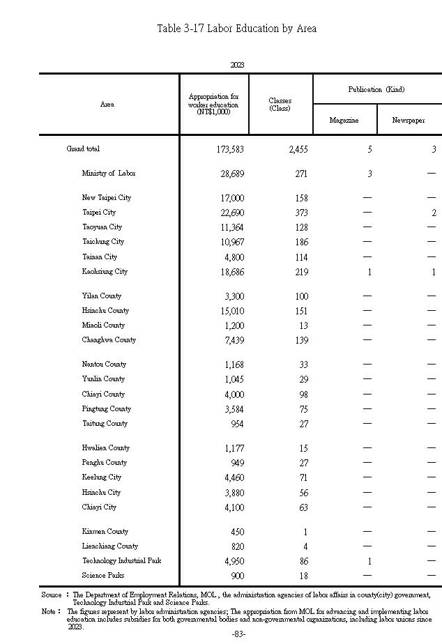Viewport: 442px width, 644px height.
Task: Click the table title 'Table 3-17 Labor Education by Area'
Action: (x=237, y=29)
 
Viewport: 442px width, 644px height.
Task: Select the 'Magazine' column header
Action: (x=344, y=120)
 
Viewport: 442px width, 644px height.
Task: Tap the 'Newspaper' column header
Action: (x=408, y=120)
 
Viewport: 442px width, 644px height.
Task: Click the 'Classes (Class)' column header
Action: (x=280, y=105)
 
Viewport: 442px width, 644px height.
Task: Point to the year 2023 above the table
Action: (x=237, y=66)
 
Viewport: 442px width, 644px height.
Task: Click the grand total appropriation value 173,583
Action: (x=225, y=150)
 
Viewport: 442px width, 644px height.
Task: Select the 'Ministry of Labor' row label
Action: (x=109, y=173)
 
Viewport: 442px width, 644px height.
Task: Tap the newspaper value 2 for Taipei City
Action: (x=433, y=213)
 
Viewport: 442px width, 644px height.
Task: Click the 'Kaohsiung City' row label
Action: (x=105, y=271)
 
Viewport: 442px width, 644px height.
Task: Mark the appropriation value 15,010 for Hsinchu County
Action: (x=229, y=311)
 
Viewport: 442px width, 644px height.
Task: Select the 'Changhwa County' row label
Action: (x=109, y=340)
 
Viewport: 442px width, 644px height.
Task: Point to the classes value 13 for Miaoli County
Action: (x=303, y=325)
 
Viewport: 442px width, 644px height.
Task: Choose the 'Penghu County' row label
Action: (x=105, y=462)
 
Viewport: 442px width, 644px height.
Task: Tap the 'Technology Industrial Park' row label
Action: (x=122, y=560)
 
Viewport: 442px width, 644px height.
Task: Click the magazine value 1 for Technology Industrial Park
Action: (x=369, y=561)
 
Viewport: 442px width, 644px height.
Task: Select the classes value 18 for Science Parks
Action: (x=303, y=576)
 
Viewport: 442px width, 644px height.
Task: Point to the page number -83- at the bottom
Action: (x=238, y=634)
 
